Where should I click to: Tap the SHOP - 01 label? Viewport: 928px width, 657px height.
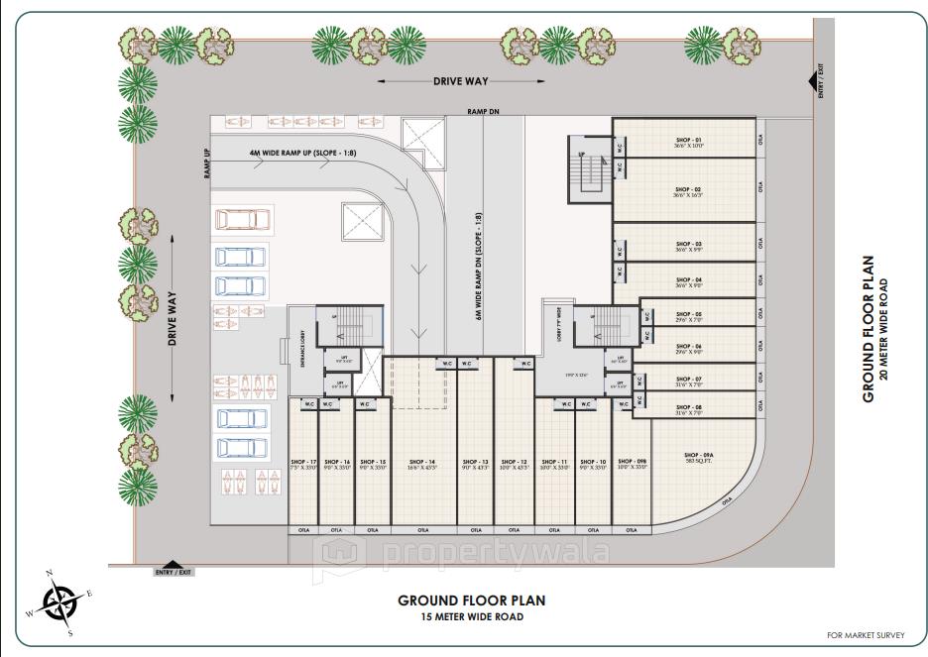tap(688, 141)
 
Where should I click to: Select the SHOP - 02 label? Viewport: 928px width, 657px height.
tap(688, 189)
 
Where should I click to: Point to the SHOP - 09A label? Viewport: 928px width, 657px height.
tap(699, 456)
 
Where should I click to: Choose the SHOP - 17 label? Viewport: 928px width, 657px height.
tap(303, 462)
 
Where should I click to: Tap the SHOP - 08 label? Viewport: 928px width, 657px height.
tap(688, 407)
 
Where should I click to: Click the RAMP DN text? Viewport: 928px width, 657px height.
tap(483, 113)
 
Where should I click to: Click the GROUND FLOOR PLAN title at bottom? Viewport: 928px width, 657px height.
tap(471, 600)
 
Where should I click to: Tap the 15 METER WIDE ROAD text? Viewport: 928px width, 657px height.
tap(471, 617)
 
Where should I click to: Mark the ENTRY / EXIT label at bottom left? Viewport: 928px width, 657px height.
tap(173, 573)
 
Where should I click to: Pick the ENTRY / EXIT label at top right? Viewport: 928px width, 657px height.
tap(821, 81)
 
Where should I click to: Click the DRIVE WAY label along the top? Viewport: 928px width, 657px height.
tap(461, 81)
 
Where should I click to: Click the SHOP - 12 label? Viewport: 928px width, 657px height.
tap(514, 462)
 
